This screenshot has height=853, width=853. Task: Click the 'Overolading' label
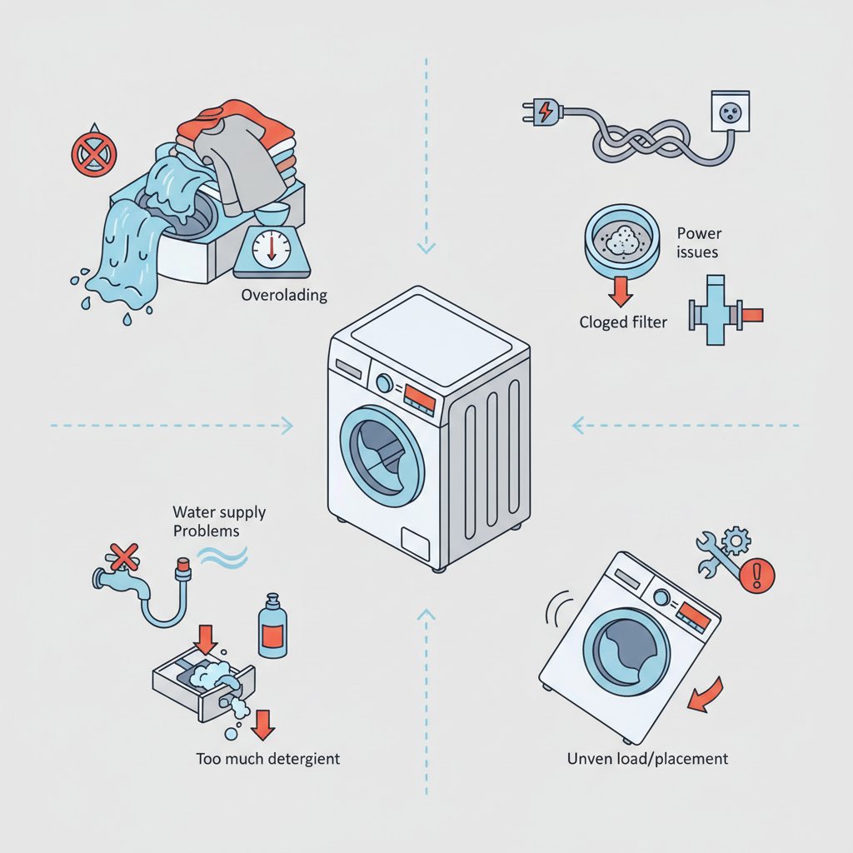[284, 296]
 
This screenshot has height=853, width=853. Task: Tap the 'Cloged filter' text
[623, 322]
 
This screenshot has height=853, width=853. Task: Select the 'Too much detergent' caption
[267, 758]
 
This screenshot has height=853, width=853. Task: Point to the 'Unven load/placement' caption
[647, 758]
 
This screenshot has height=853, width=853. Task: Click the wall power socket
[730, 112]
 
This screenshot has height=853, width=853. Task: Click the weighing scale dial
[272, 249]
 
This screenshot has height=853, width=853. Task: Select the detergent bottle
[272, 626]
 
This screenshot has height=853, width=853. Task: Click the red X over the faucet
[124, 557]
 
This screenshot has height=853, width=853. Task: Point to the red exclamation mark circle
[757, 575]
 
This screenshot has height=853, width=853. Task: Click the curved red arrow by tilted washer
[706, 696]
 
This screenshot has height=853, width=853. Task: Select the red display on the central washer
[420, 400]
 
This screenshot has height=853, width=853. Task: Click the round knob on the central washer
[384, 383]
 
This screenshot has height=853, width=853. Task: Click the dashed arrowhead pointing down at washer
[426, 248]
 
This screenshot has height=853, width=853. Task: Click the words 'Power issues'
[699, 242]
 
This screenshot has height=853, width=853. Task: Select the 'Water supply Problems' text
[219, 521]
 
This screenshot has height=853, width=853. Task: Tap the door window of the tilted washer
[626, 652]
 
